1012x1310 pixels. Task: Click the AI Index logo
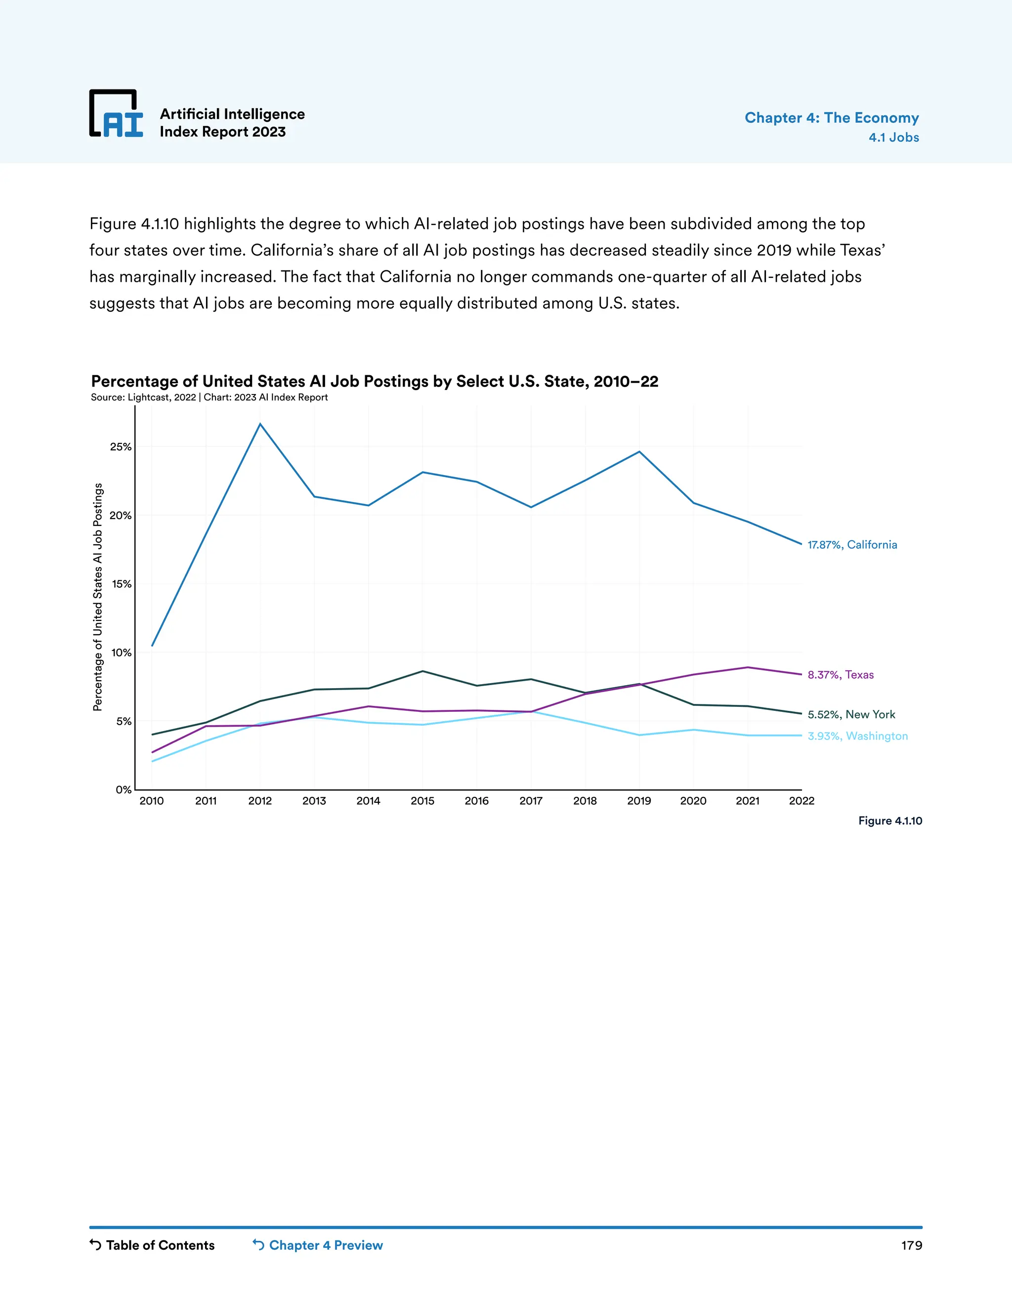click(x=116, y=114)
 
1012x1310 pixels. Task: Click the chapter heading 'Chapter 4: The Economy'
click(x=831, y=118)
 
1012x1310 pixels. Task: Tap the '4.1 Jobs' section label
click(x=893, y=137)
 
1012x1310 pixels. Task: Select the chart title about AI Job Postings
click(x=374, y=382)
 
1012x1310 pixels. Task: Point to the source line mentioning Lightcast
click(x=209, y=397)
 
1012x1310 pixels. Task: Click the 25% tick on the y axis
click(x=121, y=447)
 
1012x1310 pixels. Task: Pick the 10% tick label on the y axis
click(x=121, y=653)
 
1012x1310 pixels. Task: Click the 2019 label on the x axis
click(x=638, y=801)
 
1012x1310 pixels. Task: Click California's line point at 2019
click(x=639, y=452)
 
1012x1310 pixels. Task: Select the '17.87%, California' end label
click(x=852, y=545)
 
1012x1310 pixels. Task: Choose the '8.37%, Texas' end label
click(x=841, y=675)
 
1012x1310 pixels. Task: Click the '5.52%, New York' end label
click(x=851, y=714)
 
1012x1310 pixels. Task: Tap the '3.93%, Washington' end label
click(x=857, y=736)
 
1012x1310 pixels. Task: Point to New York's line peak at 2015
click(x=422, y=671)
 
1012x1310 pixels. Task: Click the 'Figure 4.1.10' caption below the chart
click(x=889, y=821)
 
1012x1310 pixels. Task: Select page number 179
click(x=911, y=1245)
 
